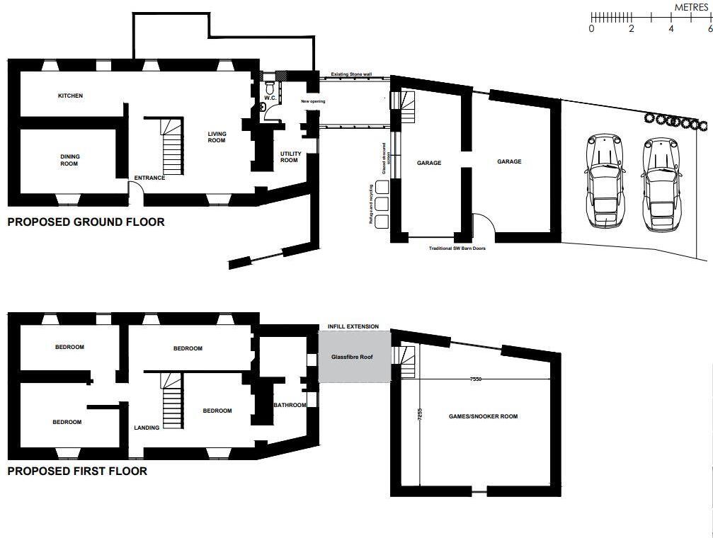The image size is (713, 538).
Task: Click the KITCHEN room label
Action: click(70, 96)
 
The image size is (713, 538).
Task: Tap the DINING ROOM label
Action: click(69, 160)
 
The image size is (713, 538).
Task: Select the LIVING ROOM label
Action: click(217, 137)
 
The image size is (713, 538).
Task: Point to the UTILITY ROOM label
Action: click(290, 156)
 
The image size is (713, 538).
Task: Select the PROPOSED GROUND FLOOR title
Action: click(86, 222)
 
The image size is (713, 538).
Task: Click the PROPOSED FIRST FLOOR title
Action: click(77, 471)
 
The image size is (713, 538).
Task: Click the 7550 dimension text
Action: click(475, 379)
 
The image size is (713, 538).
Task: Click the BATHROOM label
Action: click(290, 405)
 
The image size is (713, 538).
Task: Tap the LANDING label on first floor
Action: click(147, 428)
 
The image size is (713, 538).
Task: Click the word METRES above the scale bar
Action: click(691, 6)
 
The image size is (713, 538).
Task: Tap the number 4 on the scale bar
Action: click(671, 29)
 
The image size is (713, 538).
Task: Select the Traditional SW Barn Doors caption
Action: click(457, 248)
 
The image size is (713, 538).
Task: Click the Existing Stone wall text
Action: click(351, 74)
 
